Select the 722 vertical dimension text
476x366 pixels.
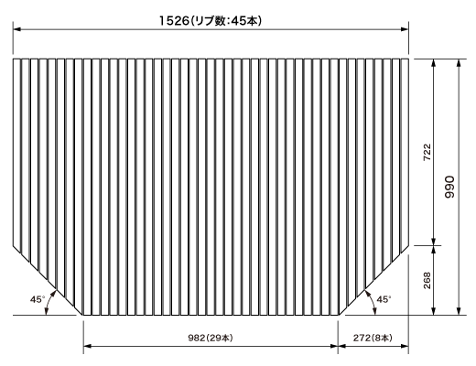click(x=426, y=153)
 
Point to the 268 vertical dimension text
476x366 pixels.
click(x=426, y=280)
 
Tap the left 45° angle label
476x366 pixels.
click(x=37, y=299)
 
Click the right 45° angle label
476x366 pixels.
click(x=383, y=299)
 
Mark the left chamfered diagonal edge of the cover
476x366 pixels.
click(x=49, y=280)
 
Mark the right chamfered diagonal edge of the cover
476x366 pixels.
click(x=374, y=280)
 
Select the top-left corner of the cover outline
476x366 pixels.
click(x=14, y=59)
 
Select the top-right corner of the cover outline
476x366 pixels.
click(x=409, y=59)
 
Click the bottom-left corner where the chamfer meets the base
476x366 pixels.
click(x=84, y=315)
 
